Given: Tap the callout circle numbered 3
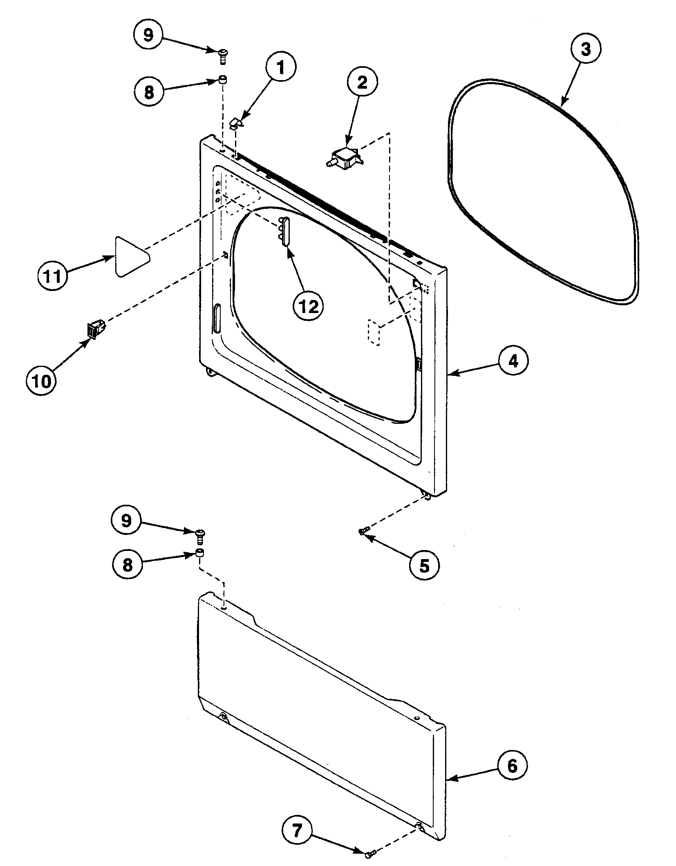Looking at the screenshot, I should tap(586, 49).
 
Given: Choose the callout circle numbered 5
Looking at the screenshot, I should tap(424, 566).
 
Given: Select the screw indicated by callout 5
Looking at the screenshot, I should tap(363, 531).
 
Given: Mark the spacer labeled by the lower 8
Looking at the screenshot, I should tap(200, 554).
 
